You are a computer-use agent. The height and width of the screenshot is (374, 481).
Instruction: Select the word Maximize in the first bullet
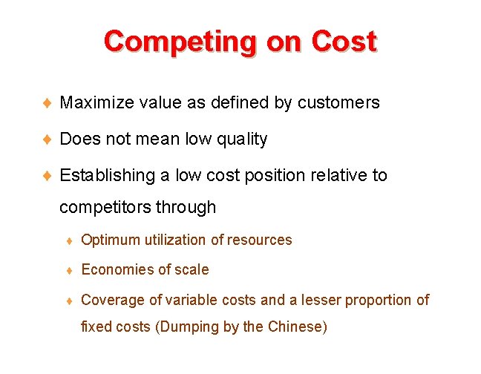point(96,102)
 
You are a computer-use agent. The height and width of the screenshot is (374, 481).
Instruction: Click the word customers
point(338,102)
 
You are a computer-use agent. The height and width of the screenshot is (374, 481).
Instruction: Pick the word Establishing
point(106,175)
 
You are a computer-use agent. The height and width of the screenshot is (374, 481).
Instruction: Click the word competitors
point(105,207)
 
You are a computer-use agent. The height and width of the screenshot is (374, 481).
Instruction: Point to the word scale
point(192,269)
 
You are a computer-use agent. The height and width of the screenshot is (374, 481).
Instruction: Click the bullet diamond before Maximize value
point(46,102)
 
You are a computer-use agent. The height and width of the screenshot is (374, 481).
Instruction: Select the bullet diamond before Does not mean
point(46,139)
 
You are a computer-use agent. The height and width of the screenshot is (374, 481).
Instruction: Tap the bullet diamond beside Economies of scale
point(69,270)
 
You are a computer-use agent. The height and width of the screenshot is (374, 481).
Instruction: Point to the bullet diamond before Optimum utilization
point(69,240)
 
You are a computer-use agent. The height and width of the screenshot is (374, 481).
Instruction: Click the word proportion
point(376,300)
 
